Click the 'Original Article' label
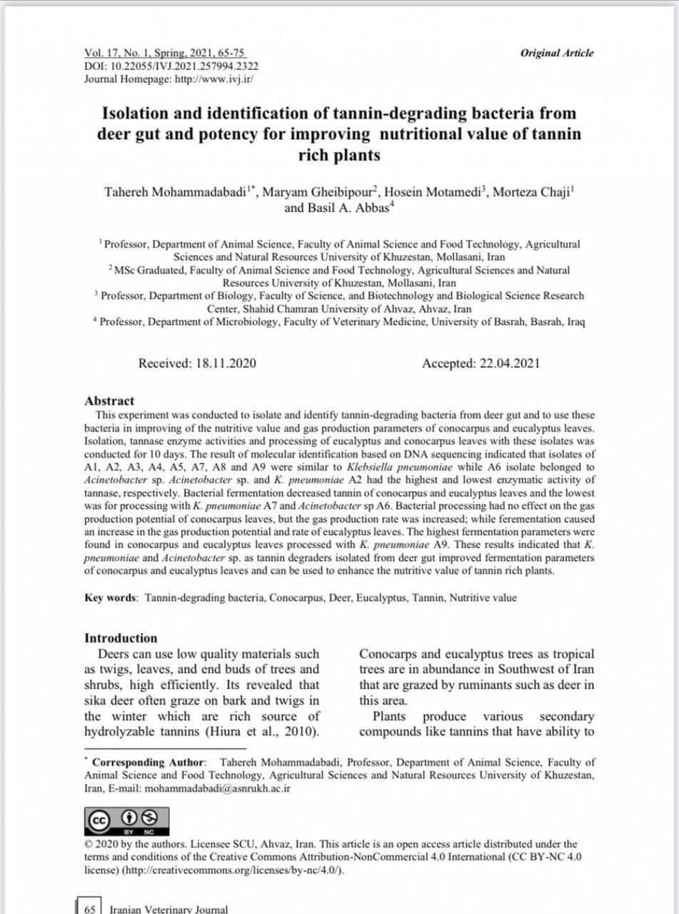556,53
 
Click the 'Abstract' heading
109,401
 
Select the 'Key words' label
111,598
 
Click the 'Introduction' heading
121,638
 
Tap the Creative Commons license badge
126,821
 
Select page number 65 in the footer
90,909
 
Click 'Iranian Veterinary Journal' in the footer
169,909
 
